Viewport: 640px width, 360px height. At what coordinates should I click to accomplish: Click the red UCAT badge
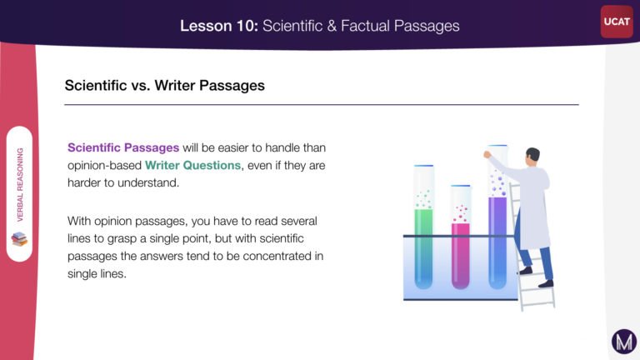[617, 22]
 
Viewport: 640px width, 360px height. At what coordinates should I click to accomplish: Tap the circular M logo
[624, 341]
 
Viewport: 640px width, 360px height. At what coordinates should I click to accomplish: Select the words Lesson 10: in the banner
[219, 26]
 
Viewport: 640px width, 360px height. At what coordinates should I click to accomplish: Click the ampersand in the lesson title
[332, 26]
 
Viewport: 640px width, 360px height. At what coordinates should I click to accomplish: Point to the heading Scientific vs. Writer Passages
[164, 85]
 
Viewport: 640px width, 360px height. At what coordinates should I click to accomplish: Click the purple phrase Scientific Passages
[123, 147]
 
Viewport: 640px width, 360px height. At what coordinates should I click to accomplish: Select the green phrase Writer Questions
[192, 165]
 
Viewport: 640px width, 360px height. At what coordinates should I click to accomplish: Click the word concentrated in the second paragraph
[277, 256]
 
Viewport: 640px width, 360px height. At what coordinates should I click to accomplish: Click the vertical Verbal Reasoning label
[20, 184]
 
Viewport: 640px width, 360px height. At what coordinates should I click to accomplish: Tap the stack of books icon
[19, 239]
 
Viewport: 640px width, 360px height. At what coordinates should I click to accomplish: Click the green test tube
[423, 227]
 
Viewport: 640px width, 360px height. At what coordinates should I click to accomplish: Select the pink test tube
[460, 237]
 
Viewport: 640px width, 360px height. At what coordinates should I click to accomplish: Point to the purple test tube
[497, 217]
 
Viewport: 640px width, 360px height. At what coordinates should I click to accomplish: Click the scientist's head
[532, 157]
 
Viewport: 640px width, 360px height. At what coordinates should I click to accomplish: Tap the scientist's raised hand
[487, 154]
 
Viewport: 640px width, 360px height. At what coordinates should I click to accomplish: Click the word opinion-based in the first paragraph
[104, 165]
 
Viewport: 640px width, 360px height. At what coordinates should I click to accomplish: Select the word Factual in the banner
[365, 26]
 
